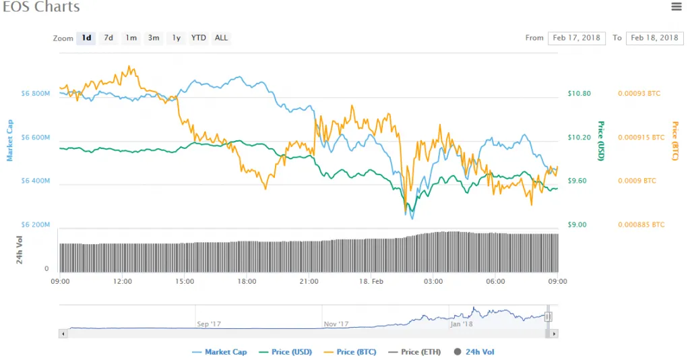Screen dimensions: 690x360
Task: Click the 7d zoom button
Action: pyautogui.click(x=108, y=38)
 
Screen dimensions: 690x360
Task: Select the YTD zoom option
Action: pyautogui.click(x=199, y=38)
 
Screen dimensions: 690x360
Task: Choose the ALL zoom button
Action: pyautogui.click(x=221, y=38)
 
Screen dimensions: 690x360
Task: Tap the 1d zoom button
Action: pyautogui.click(x=86, y=38)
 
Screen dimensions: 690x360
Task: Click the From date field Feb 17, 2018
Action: pyautogui.click(x=577, y=38)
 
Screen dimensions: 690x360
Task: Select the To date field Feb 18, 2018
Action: pyautogui.click(x=654, y=38)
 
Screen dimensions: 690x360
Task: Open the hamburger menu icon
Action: pyautogui.click(x=677, y=7)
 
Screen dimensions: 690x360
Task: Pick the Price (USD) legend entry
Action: pyautogui.click(x=286, y=352)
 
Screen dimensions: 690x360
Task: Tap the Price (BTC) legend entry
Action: pyautogui.click(x=350, y=352)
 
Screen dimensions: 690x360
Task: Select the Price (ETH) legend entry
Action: pyautogui.click(x=414, y=352)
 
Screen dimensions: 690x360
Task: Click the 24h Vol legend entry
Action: pyautogui.click(x=474, y=352)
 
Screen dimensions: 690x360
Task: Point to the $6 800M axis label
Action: pyautogui.click(x=36, y=93)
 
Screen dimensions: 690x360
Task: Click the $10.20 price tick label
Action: pyautogui.click(x=579, y=138)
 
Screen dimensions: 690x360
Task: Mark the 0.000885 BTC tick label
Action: pyautogui.click(x=641, y=224)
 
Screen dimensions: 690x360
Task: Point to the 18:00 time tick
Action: pyautogui.click(x=247, y=281)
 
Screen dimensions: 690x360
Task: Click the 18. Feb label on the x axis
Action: pyautogui.click(x=371, y=281)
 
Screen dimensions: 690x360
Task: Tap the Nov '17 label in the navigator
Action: pyautogui.click(x=336, y=324)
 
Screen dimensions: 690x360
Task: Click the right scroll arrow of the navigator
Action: pyautogui.click(x=554, y=334)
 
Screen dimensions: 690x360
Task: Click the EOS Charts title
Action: pyautogui.click(x=41, y=7)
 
